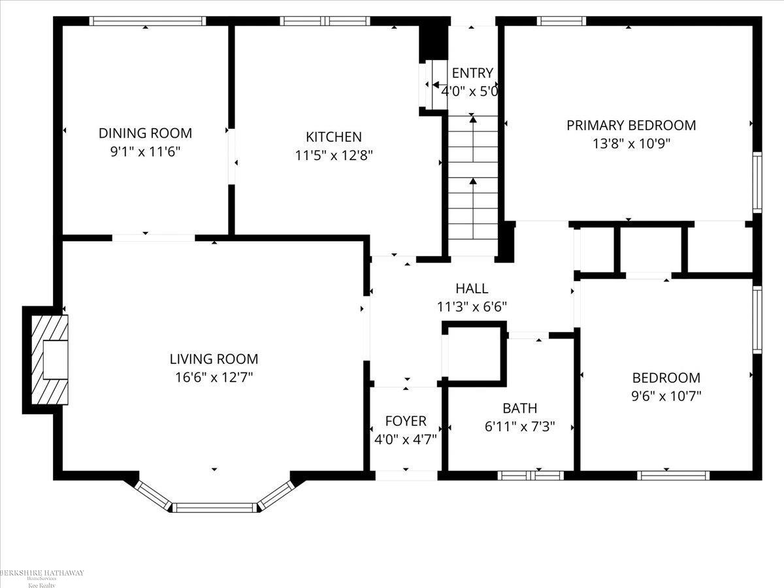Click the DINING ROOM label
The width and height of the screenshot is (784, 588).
coord(145,133)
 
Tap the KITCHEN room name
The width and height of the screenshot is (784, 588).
coord(333,137)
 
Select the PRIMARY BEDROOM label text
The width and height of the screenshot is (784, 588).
coord(630,125)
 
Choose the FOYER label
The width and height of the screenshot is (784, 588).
coord(405,421)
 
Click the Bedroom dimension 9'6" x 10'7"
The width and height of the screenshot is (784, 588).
coord(666,395)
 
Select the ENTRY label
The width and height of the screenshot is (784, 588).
coord(472,73)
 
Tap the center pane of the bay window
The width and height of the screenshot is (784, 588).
coord(215,507)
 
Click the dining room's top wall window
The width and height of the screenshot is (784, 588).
coord(147,21)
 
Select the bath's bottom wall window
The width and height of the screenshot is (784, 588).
coord(531,476)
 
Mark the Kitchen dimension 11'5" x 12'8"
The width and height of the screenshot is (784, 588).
coord(333,155)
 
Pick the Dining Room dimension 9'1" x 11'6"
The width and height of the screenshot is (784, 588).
coord(145,152)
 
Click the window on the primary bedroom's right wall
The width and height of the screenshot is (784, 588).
coord(757,182)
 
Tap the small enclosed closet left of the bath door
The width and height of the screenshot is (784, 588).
coord(474,353)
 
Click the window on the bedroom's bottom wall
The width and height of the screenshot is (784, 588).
coord(673,476)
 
